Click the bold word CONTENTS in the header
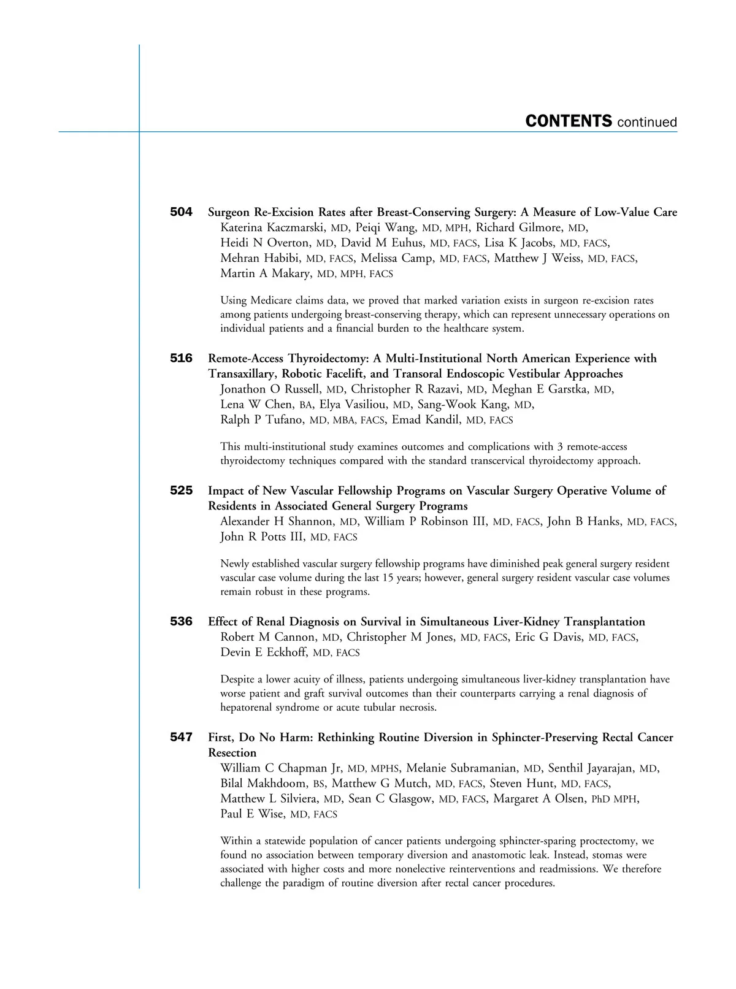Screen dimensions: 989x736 (x=568, y=121)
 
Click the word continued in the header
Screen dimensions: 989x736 (x=647, y=123)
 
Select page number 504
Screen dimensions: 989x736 (x=181, y=212)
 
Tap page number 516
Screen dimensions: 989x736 (x=181, y=358)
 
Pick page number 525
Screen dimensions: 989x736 (x=181, y=491)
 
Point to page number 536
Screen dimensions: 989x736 (x=181, y=622)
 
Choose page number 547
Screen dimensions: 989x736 (x=181, y=737)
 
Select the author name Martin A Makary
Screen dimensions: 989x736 (x=265, y=273)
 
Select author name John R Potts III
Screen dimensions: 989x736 (x=262, y=537)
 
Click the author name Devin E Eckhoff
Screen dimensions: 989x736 (x=263, y=652)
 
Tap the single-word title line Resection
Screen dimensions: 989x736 (x=232, y=753)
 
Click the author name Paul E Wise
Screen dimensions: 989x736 (x=252, y=814)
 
